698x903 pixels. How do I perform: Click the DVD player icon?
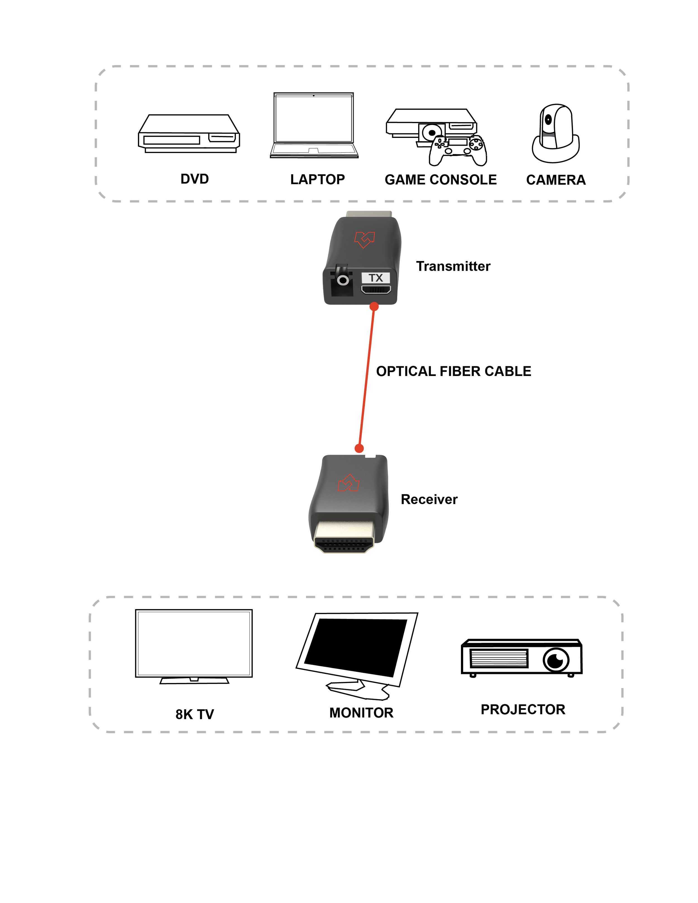click(189, 133)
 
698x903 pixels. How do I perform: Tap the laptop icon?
click(314, 125)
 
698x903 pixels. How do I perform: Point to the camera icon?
click(555, 133)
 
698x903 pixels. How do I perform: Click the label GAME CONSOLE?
click(440, 180)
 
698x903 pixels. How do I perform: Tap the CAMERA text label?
click(556, 180)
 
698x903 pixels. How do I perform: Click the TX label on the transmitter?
click(376, 278)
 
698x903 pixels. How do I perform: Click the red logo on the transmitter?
click(364, 239)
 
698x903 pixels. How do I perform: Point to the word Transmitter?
click(453, 266)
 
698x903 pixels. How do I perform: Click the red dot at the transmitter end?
click(374, 306)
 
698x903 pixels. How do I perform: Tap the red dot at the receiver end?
click(359, 448)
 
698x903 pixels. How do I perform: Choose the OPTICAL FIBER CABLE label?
click(454, 371)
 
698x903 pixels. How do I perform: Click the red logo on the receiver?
click(349, 483)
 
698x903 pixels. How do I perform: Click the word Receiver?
click(429, 499)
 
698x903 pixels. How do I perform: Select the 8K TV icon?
click(194, 646)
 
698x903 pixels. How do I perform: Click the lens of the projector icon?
click(556, 660)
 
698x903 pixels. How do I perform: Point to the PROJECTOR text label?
click(523, 710)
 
